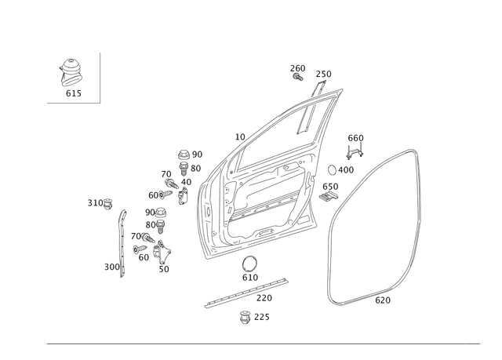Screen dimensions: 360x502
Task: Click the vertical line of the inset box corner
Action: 101,76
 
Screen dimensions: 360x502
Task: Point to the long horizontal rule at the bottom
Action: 267,343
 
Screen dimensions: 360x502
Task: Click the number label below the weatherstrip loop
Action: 383,300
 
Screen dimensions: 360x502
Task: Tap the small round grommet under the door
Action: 249,261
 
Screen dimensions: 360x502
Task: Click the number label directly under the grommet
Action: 250,276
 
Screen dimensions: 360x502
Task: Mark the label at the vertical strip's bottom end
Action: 113,268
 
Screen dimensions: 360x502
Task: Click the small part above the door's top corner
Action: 297,72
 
